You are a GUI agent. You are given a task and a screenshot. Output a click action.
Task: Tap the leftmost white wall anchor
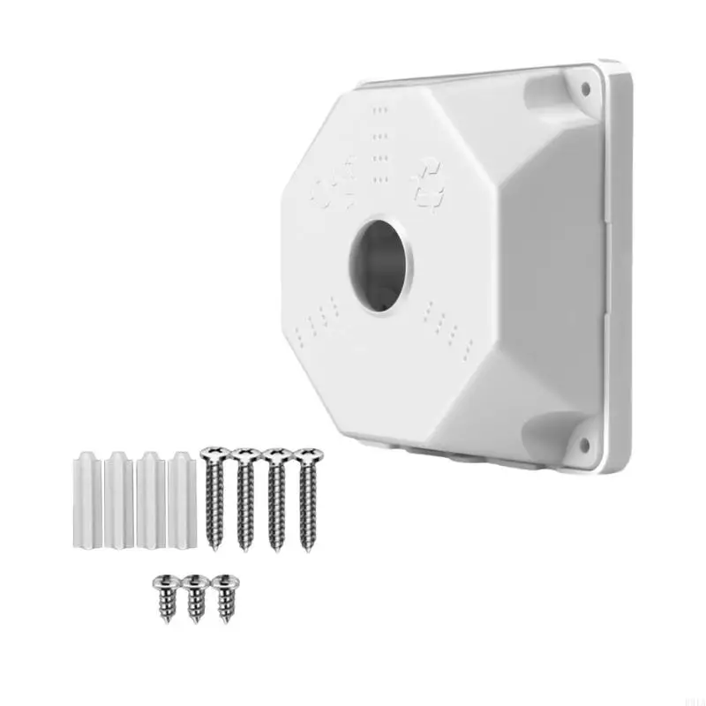pyautogui.click(x=85, y=499)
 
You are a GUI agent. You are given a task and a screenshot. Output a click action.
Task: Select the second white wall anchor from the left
pyautogui.click(x=117, y=499)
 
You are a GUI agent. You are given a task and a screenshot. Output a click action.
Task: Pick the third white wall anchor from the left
pyautogui.click(x=150, y=499)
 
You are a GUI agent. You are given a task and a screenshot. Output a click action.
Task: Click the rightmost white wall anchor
pyautogui.click(x=182, y=499)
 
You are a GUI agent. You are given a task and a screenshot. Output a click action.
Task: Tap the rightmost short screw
pyautogui.click(x=225, y=597)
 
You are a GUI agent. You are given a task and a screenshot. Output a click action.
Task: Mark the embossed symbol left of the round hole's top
pyautogui.click(x=336, y=184)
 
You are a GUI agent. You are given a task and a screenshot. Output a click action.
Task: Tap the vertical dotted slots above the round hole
pyautogui.click(x=379, y=146)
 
